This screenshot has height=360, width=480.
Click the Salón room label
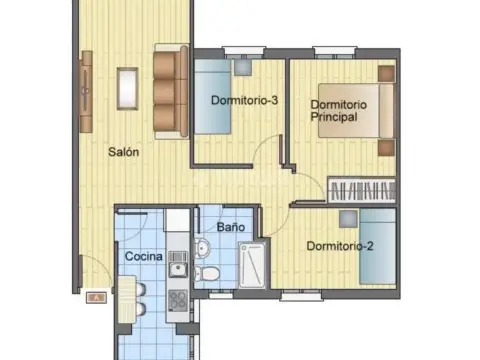124,152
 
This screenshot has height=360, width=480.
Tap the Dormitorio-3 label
244,100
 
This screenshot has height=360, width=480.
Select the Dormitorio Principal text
339,111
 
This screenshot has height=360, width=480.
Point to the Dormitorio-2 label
340,246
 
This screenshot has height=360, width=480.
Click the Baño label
231,227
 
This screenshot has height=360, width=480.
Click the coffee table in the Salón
127,89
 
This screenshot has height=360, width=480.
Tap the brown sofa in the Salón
171,91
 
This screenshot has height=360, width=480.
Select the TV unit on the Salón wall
86,92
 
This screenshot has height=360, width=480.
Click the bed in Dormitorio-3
213,97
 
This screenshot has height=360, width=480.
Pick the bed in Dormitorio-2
378,247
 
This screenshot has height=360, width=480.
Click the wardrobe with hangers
362,190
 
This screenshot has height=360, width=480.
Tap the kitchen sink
178,265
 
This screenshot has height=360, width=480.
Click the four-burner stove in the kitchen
178,300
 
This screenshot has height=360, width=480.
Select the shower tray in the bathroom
252,265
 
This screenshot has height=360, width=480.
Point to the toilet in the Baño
207,274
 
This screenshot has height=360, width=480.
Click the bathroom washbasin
202,248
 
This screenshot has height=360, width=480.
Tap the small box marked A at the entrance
96,297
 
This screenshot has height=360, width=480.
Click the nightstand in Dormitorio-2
348,219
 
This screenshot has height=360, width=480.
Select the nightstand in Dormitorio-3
243,68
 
